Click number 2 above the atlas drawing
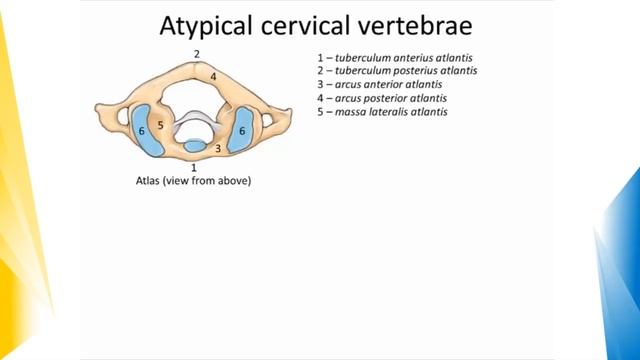(x=197, y=53)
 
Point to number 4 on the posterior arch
(x=213, y=76)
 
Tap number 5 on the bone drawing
(x=160, y=126)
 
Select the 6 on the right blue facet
(x=242, y=131)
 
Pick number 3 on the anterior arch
(x=219, y=147)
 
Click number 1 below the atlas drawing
(x=193, y=168)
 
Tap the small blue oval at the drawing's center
(x=194, y=147)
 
